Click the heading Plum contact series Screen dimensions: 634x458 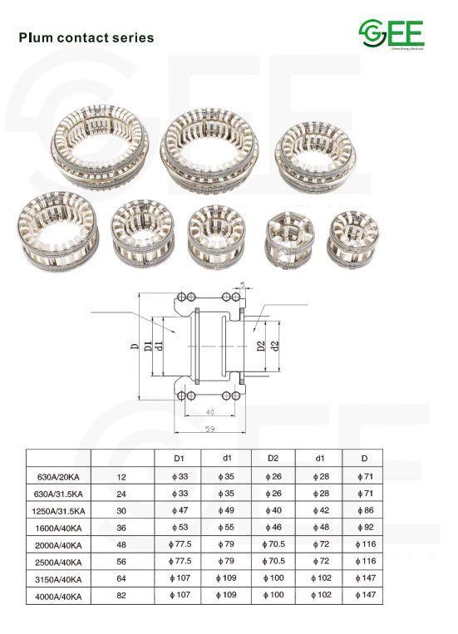coord(86,38)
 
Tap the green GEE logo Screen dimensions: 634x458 coord(392,33)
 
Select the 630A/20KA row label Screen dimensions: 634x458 coord(57,478)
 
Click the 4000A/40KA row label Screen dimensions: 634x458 coord(57,595)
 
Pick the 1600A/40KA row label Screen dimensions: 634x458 coord(57,528)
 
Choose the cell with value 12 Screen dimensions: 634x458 coord(121,478)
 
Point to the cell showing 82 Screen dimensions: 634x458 coord(121,595)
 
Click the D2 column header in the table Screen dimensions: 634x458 coord(273,458)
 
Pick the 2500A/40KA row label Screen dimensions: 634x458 coord(57,562)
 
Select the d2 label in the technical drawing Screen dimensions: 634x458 coord(275,344)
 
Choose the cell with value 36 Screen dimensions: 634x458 coord(121,528)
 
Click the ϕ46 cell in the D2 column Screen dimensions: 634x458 coord(273,528)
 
